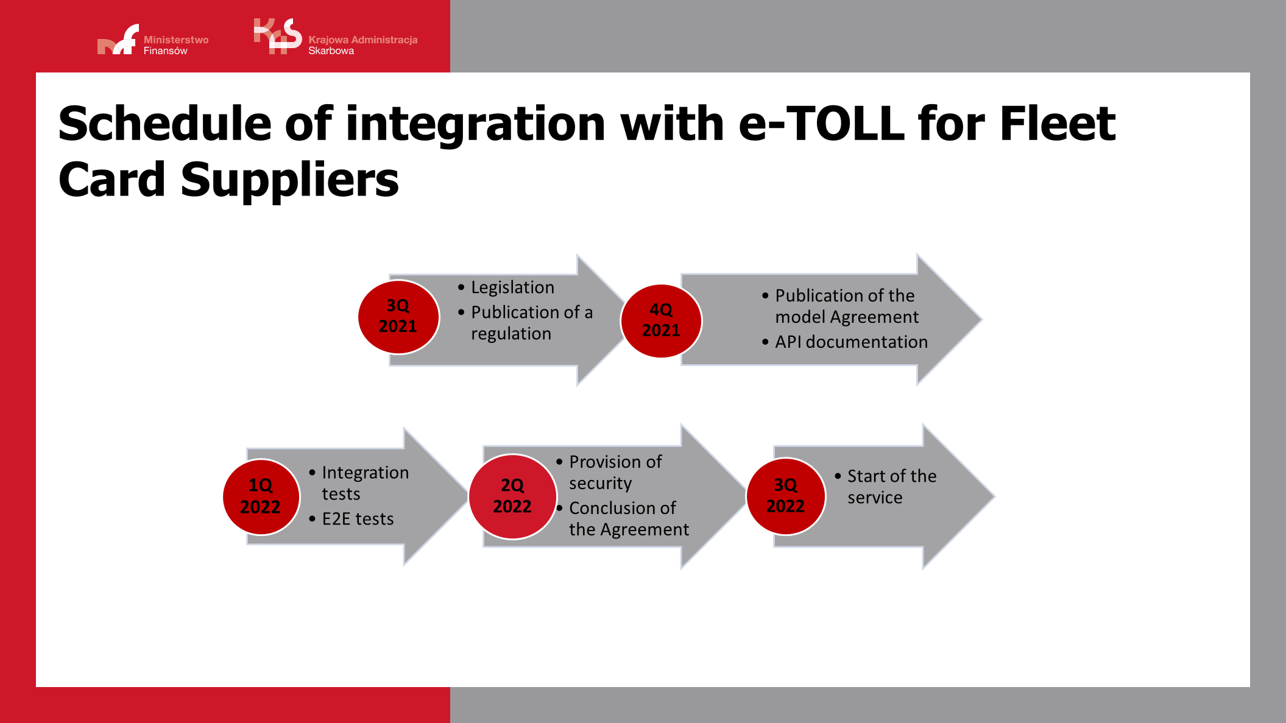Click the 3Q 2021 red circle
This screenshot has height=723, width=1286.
coord(398,317)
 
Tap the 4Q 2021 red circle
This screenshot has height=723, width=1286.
coord(661,320)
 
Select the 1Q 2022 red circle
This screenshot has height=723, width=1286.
coord(261,496)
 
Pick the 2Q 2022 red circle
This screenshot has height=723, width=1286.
coord(512,496)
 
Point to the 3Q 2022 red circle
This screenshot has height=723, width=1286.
coord(785,496)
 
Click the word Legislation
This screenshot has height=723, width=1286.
coord(512,287)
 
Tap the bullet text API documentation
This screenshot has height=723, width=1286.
coord(851,342)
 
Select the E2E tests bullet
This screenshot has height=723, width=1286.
coord(358,519)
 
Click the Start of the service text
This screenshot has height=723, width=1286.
coord(891,487)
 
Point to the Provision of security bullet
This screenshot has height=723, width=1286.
coord(615,472)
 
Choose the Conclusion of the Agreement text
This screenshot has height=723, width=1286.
coord(628,518)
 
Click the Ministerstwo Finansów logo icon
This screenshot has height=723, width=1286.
coord(118,41)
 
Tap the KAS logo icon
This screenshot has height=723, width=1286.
coord(278,37)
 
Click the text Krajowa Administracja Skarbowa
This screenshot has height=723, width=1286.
coord(362,45)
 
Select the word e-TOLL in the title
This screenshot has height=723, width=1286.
coord(821,124)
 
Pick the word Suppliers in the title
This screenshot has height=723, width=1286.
coord(289,180)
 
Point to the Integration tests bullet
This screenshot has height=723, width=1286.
coord(364,483)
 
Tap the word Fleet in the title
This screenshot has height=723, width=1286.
coord(1058,124)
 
